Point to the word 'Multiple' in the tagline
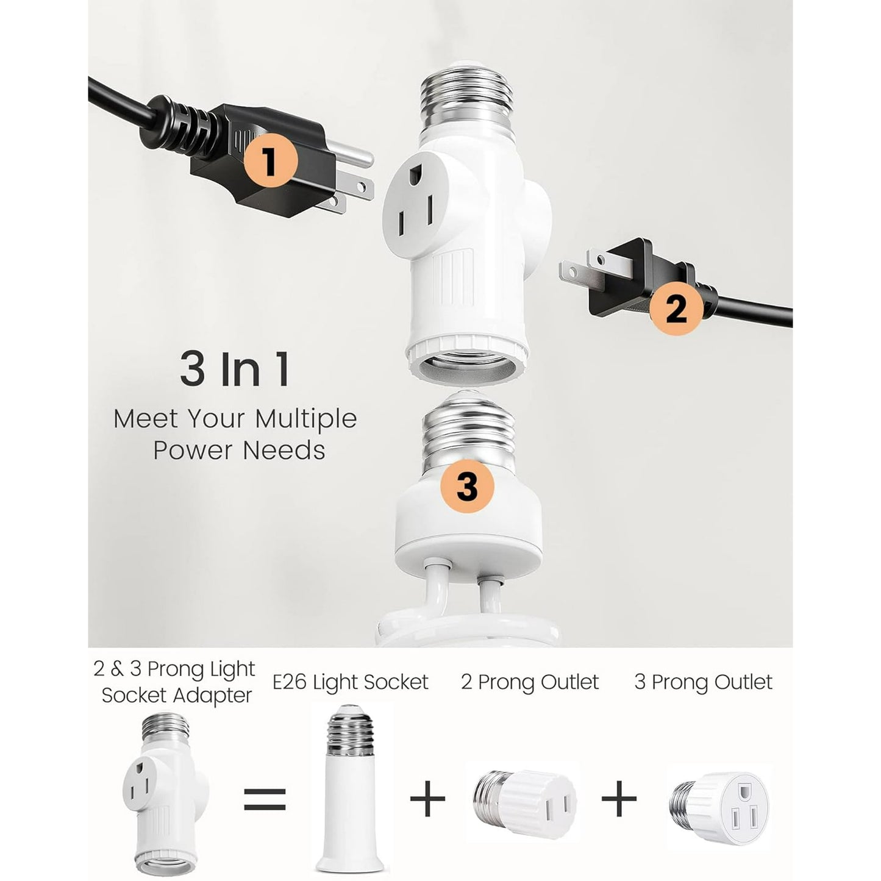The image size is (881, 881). click(305, 419)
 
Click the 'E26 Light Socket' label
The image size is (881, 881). click(350, 682)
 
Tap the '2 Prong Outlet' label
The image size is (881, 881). click(530, 682)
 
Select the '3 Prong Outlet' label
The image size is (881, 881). click(703, 682)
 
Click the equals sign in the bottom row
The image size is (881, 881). click(265, 798)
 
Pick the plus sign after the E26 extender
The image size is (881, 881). click(428, 798)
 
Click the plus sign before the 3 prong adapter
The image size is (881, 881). click(619, 798)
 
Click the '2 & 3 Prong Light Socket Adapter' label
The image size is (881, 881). click(176, 682)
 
